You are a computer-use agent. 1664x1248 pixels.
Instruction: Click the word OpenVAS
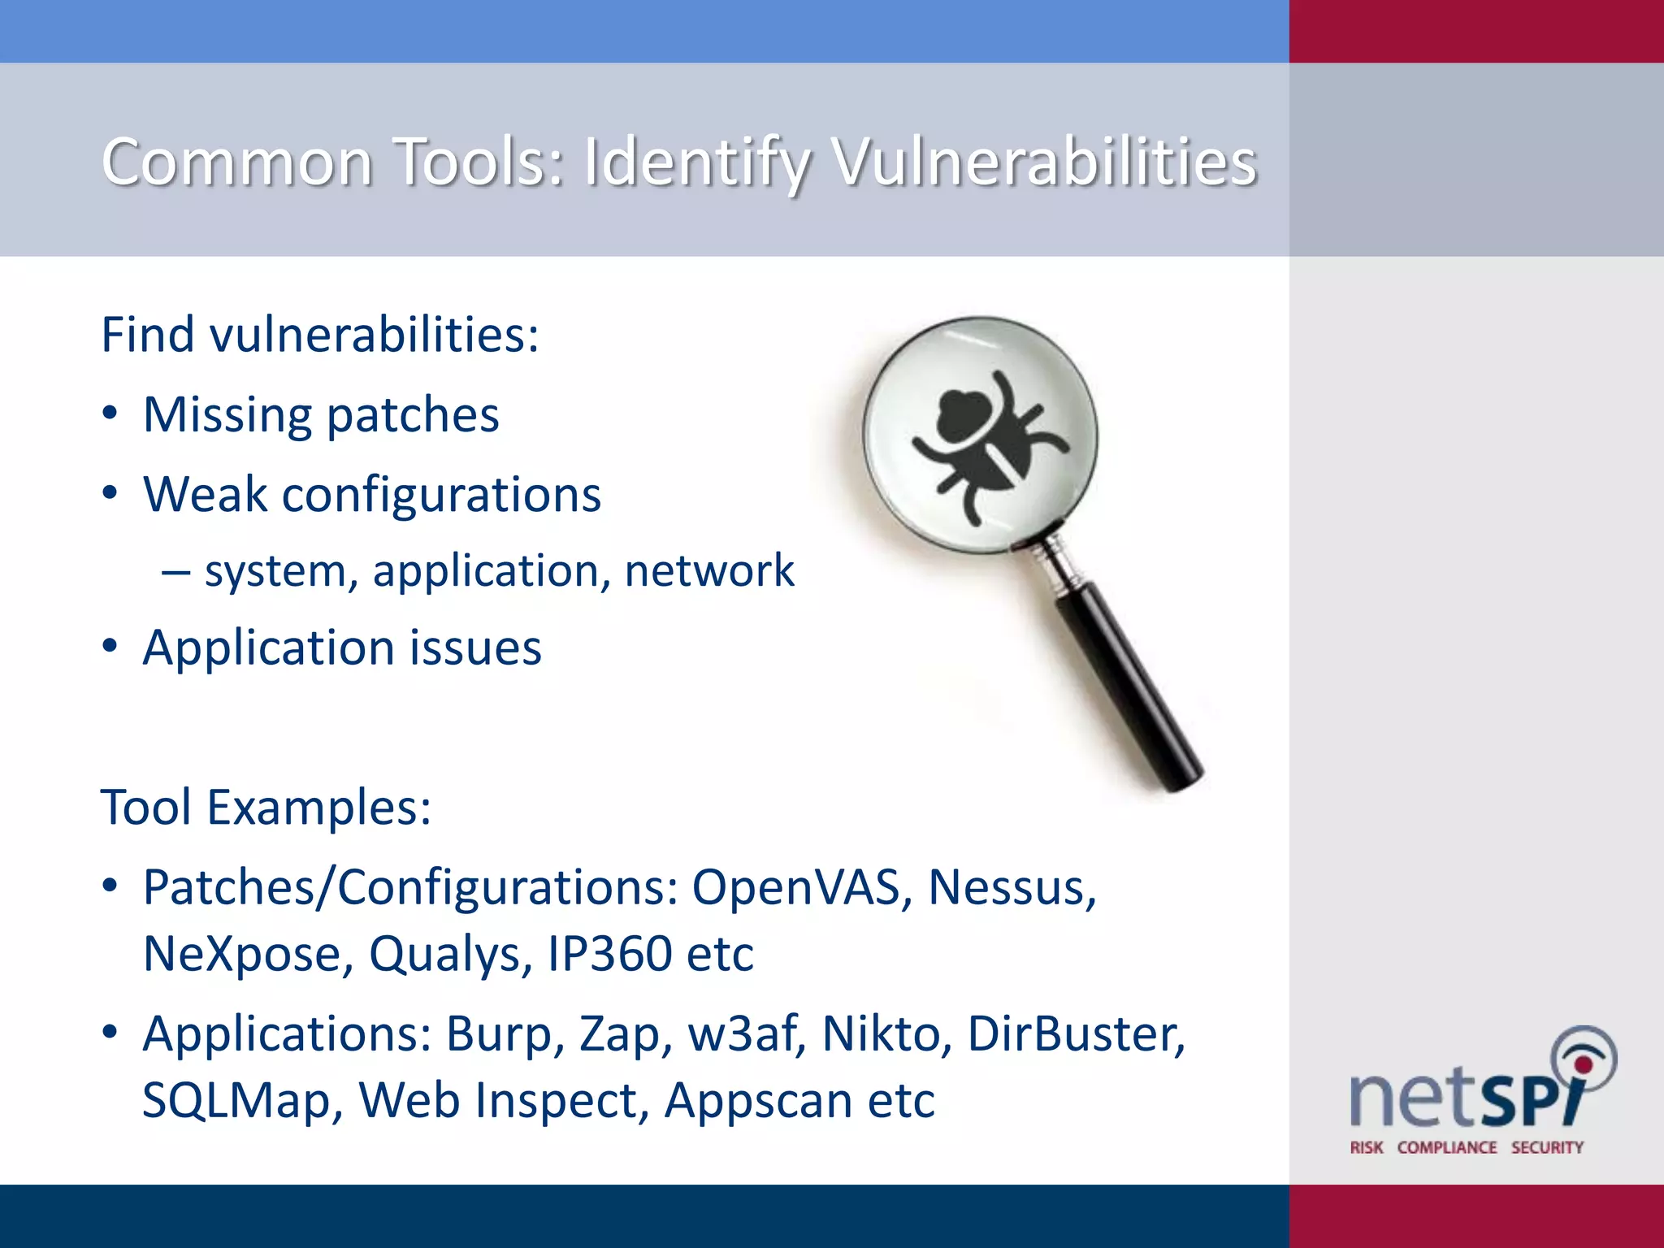[796, 886]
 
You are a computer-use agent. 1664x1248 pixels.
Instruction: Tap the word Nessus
[1011, 886]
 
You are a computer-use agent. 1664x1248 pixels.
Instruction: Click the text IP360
[609, 954]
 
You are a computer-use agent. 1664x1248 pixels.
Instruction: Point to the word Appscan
[758, 1102]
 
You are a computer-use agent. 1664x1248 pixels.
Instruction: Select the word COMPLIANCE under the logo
[1446, 1147]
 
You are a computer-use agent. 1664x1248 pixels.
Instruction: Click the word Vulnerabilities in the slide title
[1045, 162]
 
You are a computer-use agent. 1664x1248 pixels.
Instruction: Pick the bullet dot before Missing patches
[110, 414]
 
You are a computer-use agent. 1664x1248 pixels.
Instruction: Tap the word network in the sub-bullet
[708, 570]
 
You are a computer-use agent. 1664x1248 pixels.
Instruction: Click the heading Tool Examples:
[266, 808]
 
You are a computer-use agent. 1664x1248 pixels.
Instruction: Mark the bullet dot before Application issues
[110, 648]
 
